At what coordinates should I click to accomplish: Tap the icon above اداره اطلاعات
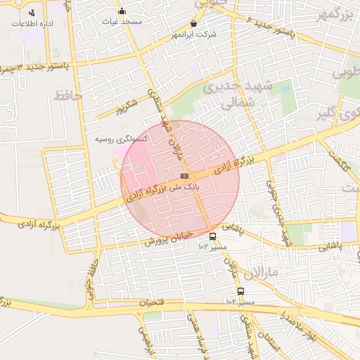tap(32, 13)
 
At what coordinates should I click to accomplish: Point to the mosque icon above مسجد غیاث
tap(122, 11)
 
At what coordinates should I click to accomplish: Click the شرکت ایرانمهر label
tap(193, 34)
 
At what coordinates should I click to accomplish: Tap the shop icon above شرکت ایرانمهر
tap(194, 23)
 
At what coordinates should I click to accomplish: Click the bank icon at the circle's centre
tap(184, 176)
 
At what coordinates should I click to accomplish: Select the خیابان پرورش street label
tap(162, 236)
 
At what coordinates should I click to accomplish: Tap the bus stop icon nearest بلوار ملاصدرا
tap(241, 292)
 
